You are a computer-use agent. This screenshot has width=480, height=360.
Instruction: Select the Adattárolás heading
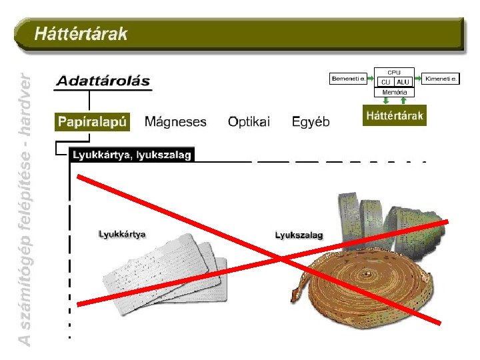coord(103,81)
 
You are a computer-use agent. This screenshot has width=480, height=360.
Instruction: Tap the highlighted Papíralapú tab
coord(91,121)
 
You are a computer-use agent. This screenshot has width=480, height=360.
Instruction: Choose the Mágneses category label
coord(175,122)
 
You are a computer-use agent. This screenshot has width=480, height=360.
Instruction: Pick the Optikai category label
coord(249,122)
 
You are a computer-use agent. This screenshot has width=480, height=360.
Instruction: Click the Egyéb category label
coord(311,122)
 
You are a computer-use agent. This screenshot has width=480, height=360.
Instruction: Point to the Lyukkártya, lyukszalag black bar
coord(131,155)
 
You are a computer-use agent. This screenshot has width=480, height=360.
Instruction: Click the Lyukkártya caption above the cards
coord(122,234)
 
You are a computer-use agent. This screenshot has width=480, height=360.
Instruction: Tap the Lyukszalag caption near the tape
coord(299,235)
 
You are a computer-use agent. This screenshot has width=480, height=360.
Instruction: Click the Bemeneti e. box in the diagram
coord(348,79)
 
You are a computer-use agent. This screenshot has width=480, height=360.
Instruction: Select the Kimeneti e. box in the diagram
coord(442,79)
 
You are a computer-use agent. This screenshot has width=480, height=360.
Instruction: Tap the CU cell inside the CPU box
coord(385,82)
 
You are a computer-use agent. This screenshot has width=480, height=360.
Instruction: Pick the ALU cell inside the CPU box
coord(403,82)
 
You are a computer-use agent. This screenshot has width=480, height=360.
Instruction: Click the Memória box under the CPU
coord(395,92)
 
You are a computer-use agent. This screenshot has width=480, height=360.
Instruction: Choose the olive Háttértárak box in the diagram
coord(395,116)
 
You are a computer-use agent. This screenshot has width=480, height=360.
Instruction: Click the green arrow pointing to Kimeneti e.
coord(419,79)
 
